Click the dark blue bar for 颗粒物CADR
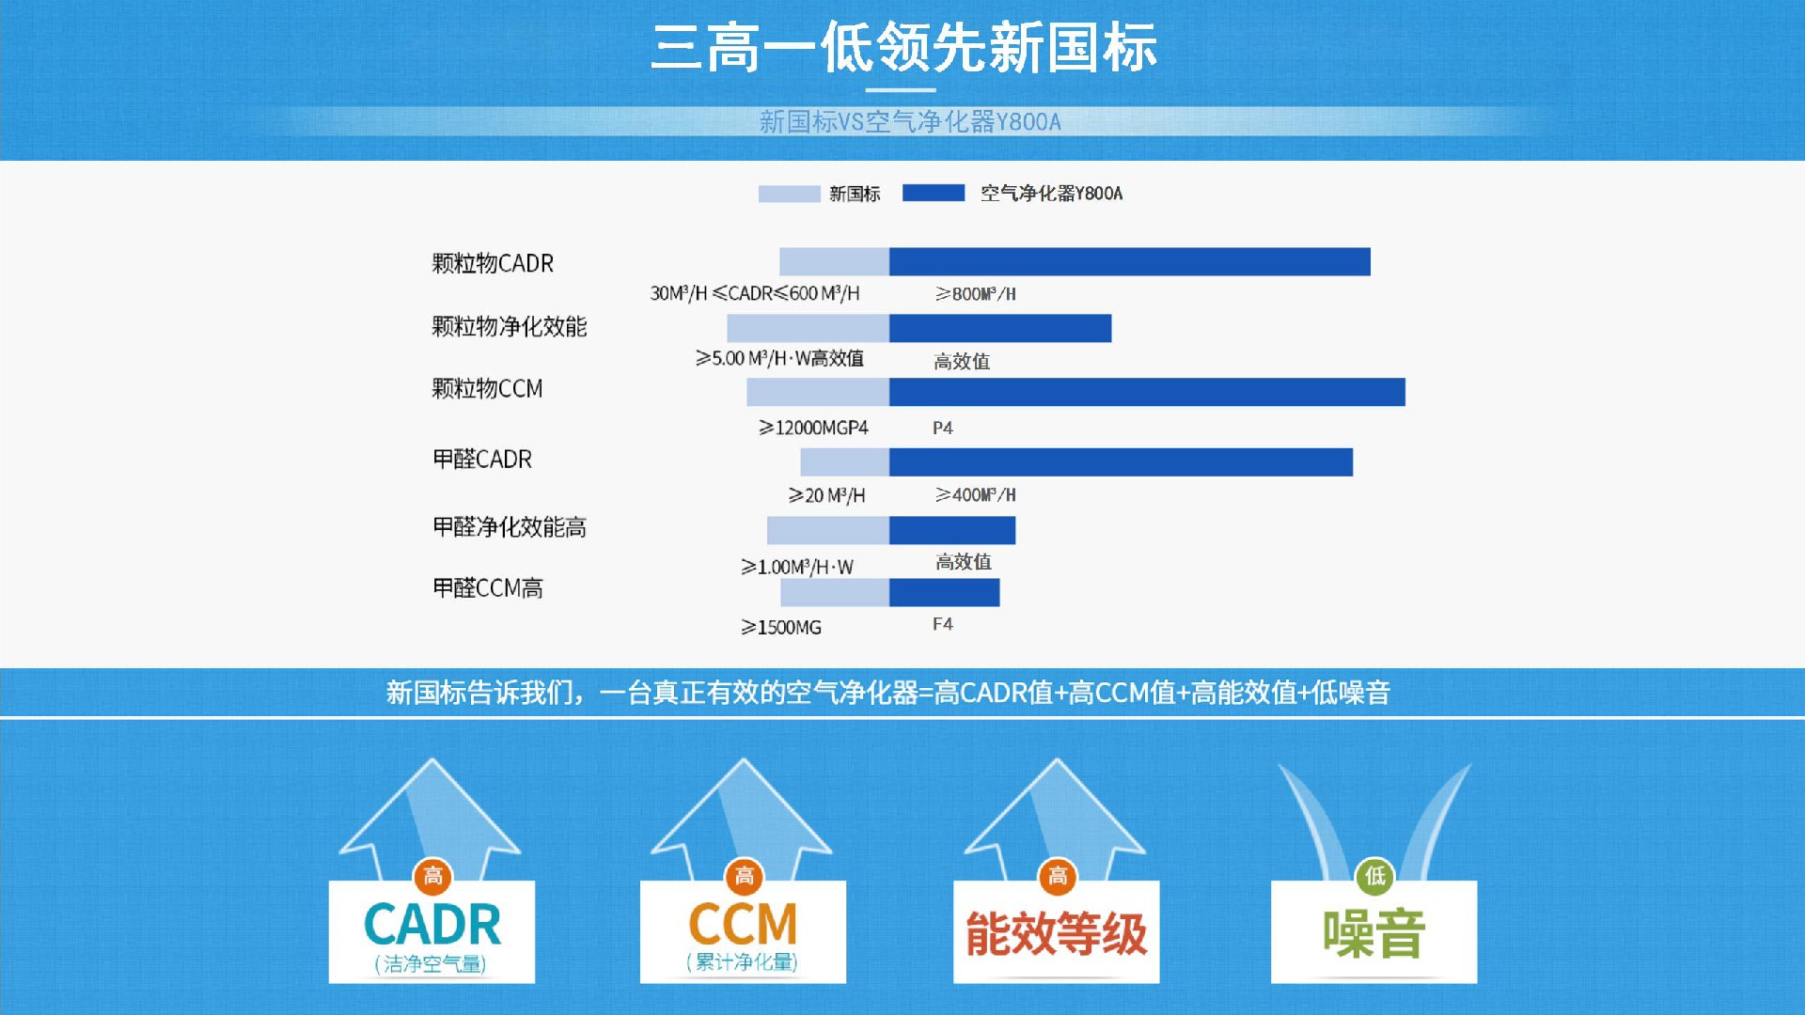pos(1129,261)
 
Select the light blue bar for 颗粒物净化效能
pos(808,328)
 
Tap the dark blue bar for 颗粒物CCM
pos(1147,392)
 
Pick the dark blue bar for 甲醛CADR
pos(1121,461)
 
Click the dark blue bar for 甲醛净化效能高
pos(952,530)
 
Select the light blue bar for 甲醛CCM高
pos(835,592)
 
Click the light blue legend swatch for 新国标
pos(789,194)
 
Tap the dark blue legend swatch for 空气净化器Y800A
pos(934,193)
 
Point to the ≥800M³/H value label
pos(976,294)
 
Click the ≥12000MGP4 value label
pos(814,428)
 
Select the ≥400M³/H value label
pos(976,494)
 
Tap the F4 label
pos(943,624)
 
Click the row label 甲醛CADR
pos(482,460)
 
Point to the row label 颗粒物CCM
pos(487,389)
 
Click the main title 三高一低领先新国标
pos(903,48)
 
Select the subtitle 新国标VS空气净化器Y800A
pos(910,122)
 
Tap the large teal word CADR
pos(432,925)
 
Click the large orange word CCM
pos(743,924)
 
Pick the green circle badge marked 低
pos(1375,877)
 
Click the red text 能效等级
pos(1057,933)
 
